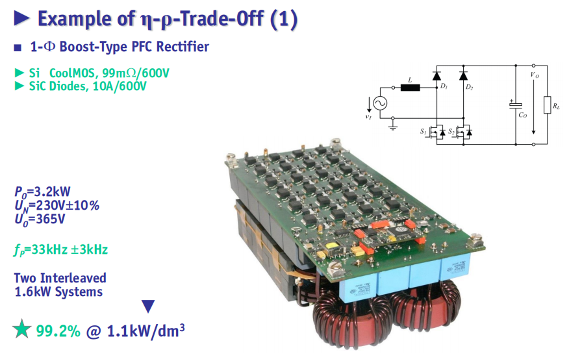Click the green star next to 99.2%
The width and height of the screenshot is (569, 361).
click(x=22, y=329)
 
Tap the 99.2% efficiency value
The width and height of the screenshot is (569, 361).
click(x=58, y=331)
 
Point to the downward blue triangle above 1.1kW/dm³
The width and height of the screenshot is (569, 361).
click(x=148, y=306)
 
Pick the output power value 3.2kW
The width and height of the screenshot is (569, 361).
click(x=52, y=192)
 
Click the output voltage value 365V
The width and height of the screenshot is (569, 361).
click(x=50, y=219)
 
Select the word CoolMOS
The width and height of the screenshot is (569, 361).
click(x=72, y=73)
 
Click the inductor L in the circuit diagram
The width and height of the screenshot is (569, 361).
click(x=410, y=88)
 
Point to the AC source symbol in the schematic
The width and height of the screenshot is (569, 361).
click(x=380, y=103)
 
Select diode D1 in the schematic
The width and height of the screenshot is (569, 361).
click(x=436, y=76)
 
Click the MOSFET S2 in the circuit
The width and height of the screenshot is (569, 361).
click(x=463, y=132)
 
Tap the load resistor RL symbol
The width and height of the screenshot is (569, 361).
click(x=547, y=105)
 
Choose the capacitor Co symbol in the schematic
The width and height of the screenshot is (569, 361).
click(x=516, y=105)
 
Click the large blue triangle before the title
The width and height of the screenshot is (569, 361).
click(x=21, y=18)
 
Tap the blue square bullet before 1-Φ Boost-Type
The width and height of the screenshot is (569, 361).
click(x=18, y=47)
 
